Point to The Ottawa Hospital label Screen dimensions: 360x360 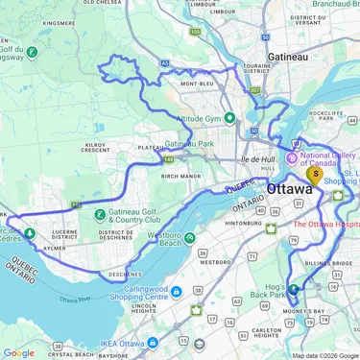[325, 223]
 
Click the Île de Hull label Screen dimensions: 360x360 [259, 158]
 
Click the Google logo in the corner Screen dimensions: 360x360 [19, 352]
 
